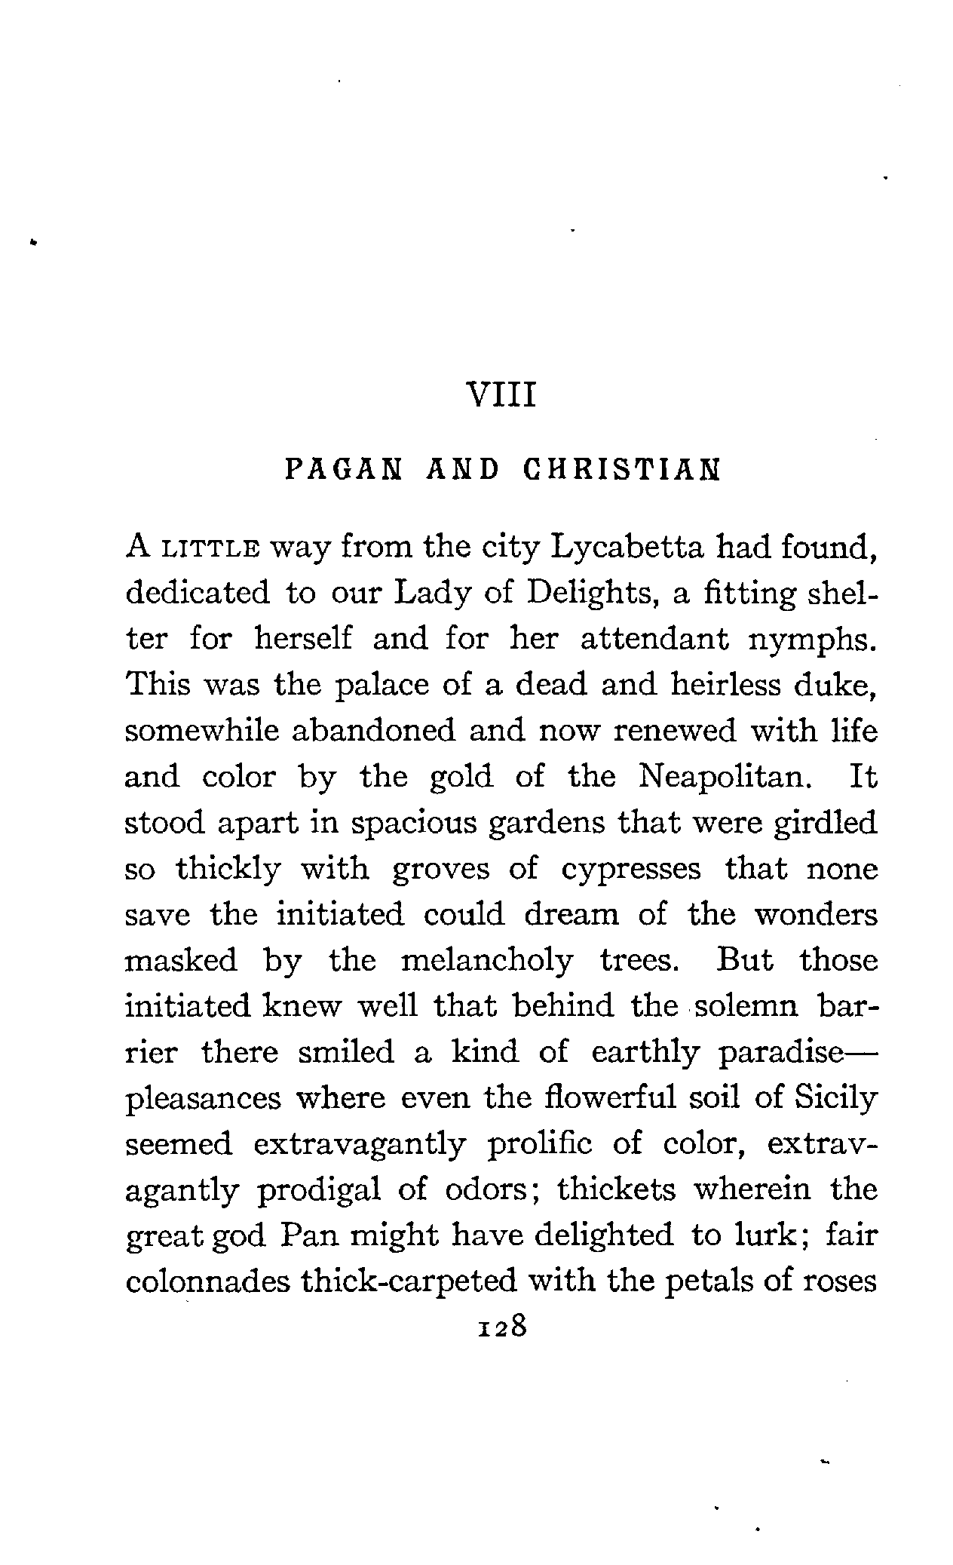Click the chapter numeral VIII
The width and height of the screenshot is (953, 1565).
tap(501, 395)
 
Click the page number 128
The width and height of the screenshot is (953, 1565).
tap(500, 1325)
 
